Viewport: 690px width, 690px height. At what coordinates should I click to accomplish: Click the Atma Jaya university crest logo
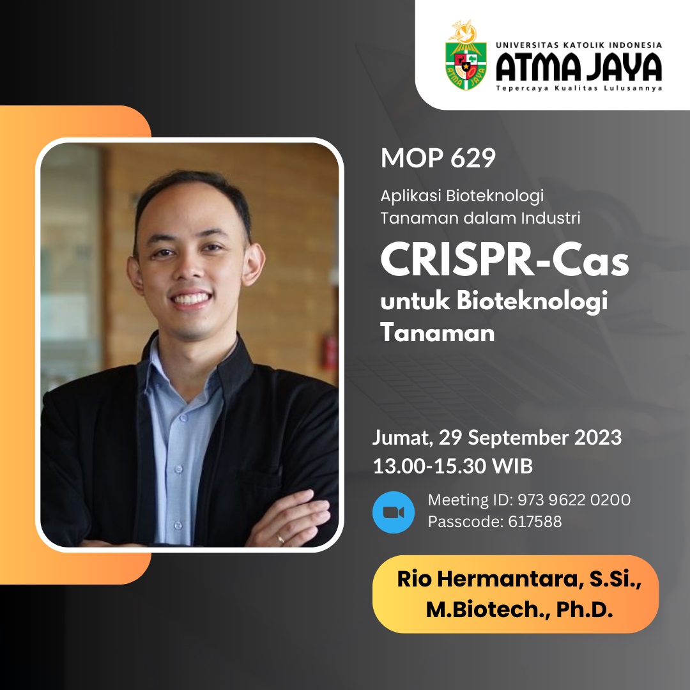pyautogui.click(x=466, y=55)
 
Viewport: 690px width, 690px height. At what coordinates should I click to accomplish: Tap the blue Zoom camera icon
pyautogui.click(x=394, y=512)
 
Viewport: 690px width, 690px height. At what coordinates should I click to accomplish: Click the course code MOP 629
pyautogui.click(x=438, y=158)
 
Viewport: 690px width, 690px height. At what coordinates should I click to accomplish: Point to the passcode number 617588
pyautogui.click(x=535, y=521)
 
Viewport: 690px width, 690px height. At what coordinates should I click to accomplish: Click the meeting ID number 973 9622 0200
pyautogui.click(x=574, y=500)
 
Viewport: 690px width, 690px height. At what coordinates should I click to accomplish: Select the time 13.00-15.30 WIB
pyautogui.click(x=453, y=466)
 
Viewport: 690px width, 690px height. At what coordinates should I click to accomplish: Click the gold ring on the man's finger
pyautogui.click(x=280, y=538)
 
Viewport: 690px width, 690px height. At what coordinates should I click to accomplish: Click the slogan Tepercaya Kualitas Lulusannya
pyautogui.click(x=579, y=88)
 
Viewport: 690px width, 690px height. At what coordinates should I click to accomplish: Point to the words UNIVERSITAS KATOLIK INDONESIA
pyautogui.click(x=579, y=45)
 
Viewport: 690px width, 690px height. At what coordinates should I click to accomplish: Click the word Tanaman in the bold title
pyautogui.click(x=438, y=332)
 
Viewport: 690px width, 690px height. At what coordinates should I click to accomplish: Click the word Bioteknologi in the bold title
pyautogui.click(x=532, y=302)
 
